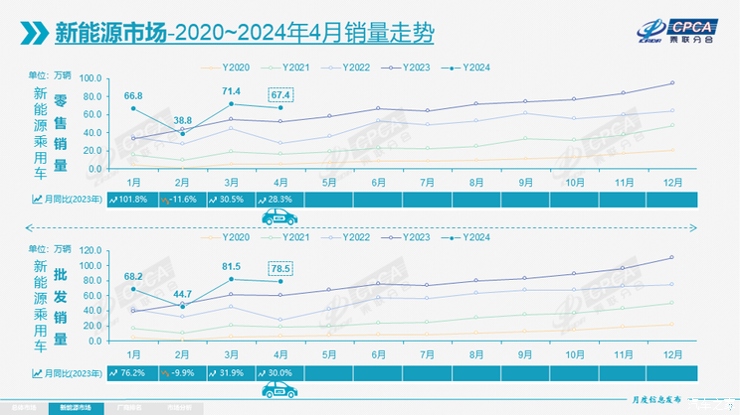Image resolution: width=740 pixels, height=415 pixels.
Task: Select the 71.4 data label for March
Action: tap(231, 90)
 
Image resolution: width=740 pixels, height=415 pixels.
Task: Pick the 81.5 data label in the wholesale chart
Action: tap(231, 265)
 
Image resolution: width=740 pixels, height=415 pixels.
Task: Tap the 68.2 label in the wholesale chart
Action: tap(132, 276)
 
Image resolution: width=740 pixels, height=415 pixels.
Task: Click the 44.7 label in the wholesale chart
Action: tap(183, 293)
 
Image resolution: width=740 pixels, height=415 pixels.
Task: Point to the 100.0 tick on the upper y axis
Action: tap(91, 78)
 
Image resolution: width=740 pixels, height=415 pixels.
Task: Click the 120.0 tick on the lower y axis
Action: tap(91, 250)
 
